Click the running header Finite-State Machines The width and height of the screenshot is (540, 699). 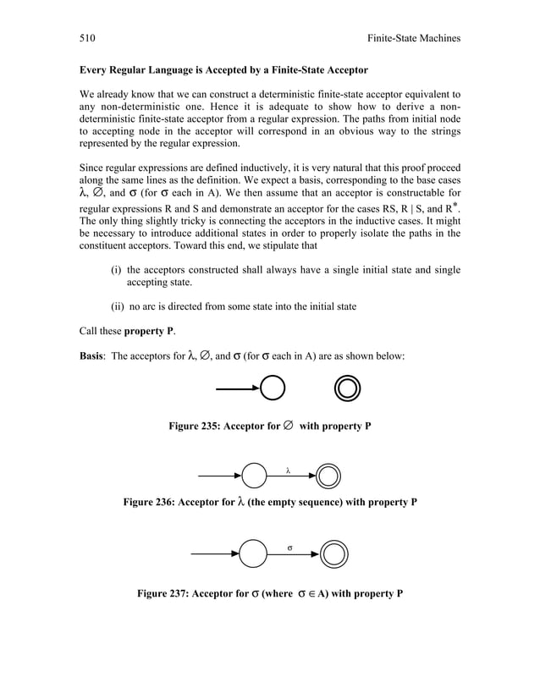point(410,38)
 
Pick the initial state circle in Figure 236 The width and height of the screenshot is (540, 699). point(253,476)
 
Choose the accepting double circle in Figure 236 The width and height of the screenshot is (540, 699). point(328,476)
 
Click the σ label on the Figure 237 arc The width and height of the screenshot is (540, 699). point(289,548)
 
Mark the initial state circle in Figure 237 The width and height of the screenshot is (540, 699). point(252,555)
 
